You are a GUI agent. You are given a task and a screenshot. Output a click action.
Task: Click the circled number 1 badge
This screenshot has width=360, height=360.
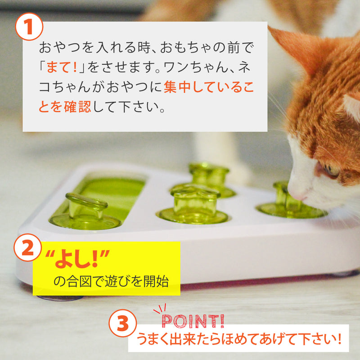pos(29,27)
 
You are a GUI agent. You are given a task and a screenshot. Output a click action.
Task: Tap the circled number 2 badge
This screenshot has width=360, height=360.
pos(28,247)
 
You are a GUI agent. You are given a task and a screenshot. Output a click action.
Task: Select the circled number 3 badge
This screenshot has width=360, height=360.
pos(122,323)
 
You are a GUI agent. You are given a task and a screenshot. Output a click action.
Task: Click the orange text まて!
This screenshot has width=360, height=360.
pos(61,67)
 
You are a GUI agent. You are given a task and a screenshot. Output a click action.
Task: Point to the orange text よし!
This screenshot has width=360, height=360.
pos(77,259)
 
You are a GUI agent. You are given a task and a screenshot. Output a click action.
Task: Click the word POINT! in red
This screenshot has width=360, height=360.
pos(193,321)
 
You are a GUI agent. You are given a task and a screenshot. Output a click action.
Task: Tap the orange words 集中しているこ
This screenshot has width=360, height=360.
pos(209,87)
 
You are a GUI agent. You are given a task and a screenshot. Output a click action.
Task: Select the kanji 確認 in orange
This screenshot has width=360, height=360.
pos(77,107)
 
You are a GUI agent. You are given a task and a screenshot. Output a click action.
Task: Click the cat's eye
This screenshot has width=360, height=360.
pos(331,171)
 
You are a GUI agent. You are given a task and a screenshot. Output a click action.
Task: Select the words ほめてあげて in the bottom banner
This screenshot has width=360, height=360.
pos(247,339)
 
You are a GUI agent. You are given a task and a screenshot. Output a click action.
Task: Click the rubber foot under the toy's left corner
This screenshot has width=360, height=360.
pos(60,298)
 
